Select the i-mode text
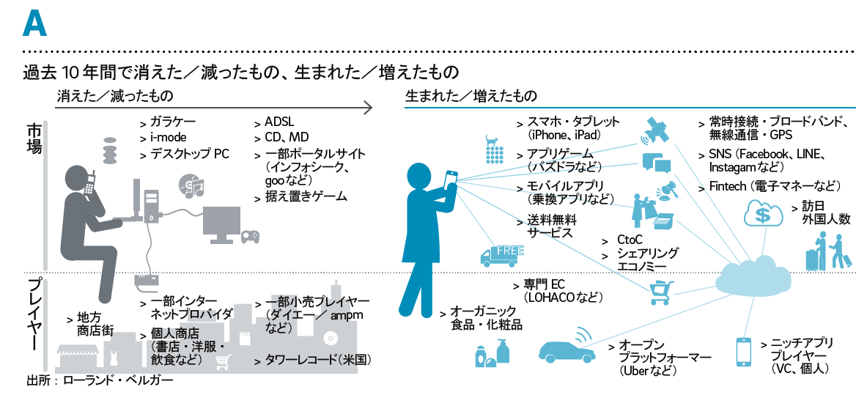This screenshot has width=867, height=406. click(167, 138)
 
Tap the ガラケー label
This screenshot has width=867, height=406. click(173, 122)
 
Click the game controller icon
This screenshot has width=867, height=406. click(251, 236)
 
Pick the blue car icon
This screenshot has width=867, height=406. click(567, 348)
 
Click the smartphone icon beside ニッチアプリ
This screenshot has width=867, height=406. click(744, 351)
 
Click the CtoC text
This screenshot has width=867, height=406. click(630, 240)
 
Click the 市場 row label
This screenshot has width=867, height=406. click(34, 138)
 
